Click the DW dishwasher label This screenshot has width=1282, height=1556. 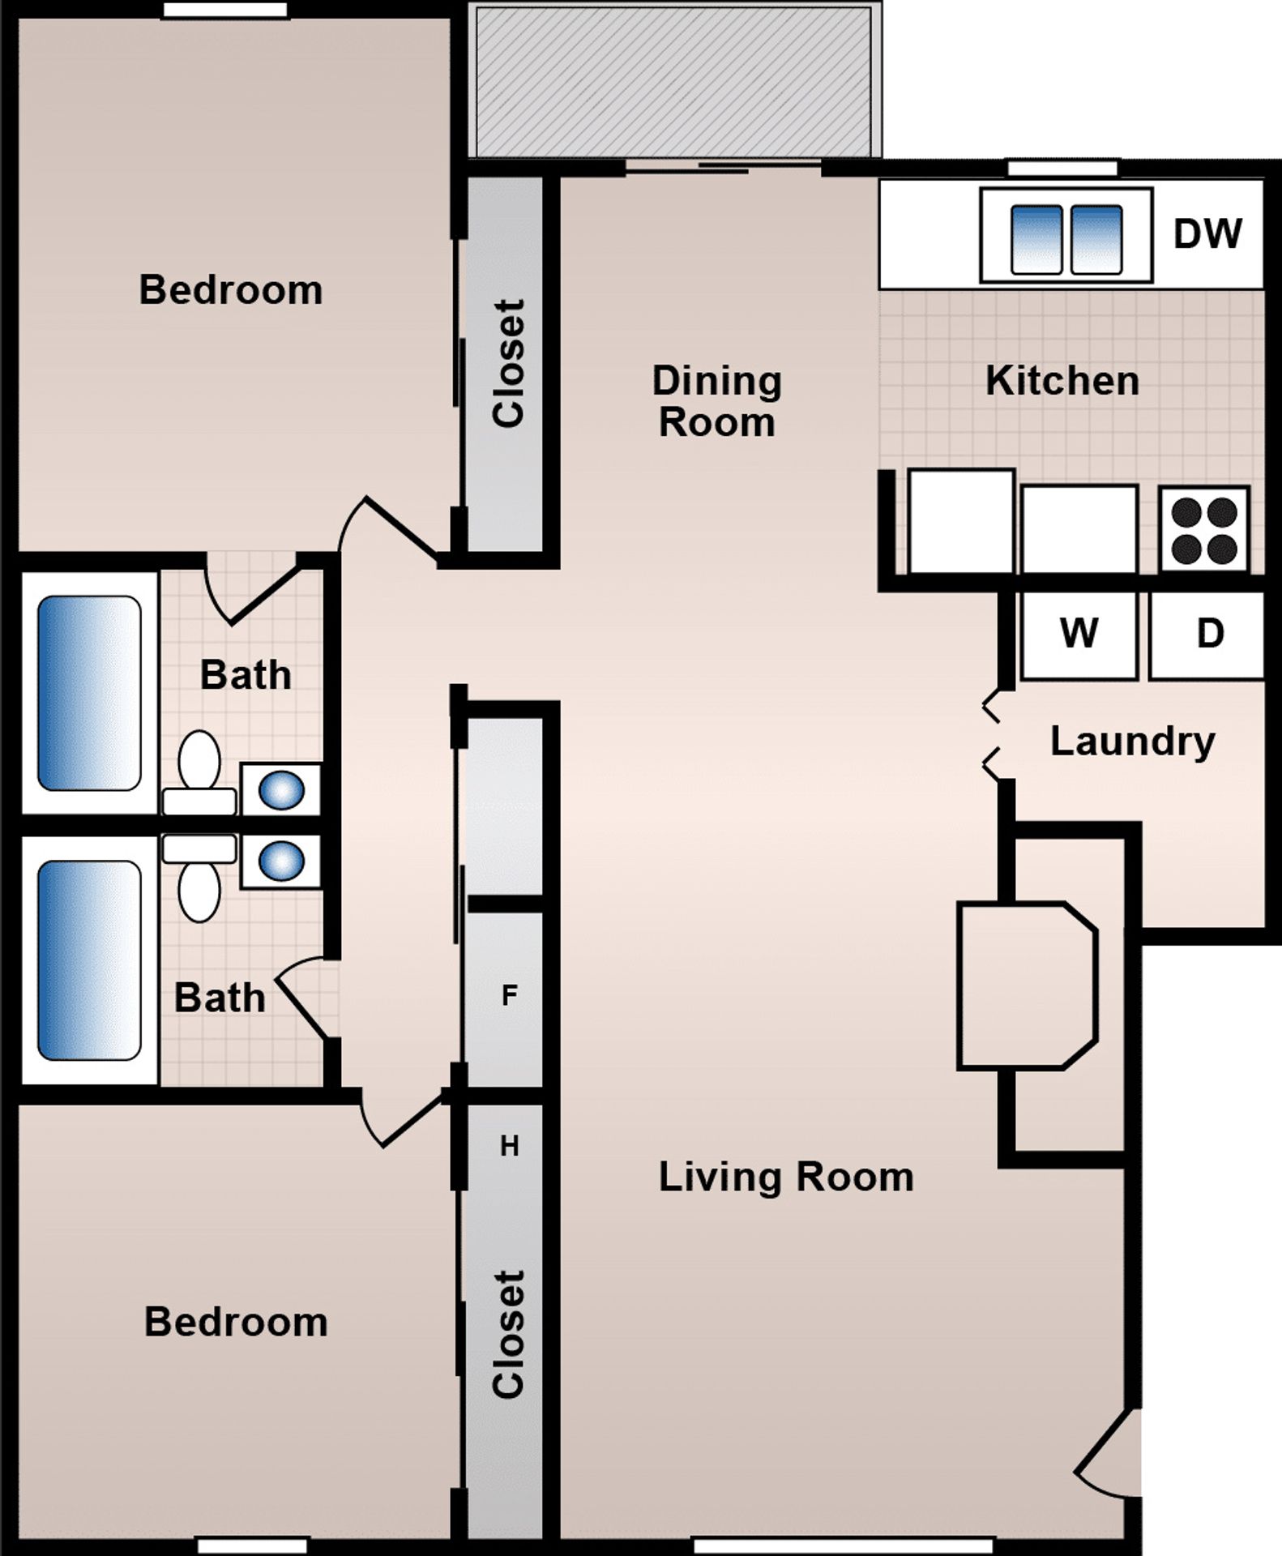(1207, 233)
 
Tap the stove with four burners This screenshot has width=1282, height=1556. (1203, 529)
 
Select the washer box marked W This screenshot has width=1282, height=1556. (1078, 635)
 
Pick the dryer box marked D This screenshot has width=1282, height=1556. (1207, 635)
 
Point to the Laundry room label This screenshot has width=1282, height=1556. (1132, 742)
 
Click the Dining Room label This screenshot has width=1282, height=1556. (716, 402)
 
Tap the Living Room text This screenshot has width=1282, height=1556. (785, 1177)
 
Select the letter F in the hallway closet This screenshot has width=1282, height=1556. (509, 996)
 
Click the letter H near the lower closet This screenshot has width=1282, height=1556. (509, 1146)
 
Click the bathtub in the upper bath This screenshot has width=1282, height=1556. (89, 693)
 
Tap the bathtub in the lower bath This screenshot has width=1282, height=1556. (89, 960)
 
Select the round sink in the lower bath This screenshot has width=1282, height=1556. (281, 861)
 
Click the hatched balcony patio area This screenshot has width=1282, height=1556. (674, 81)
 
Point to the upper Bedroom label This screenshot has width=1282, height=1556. (230, 290)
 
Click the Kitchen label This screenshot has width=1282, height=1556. (1062, 381)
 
